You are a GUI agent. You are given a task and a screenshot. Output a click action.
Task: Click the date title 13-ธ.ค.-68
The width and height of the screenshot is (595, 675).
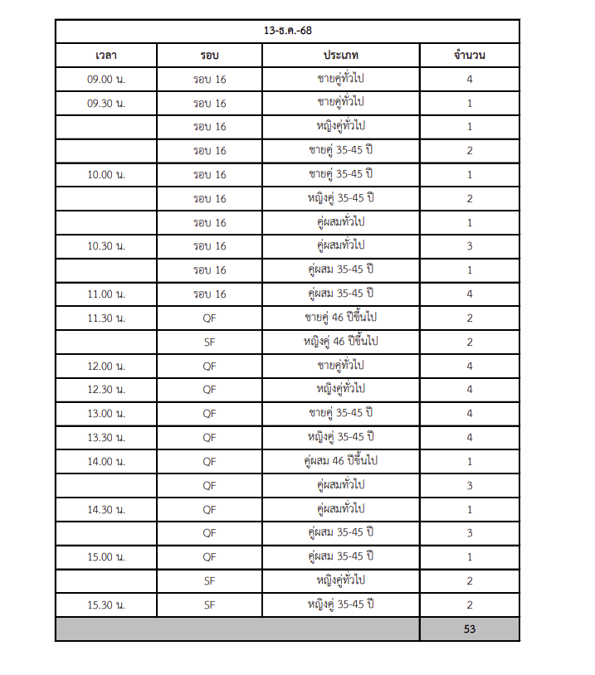(x=287, y=31)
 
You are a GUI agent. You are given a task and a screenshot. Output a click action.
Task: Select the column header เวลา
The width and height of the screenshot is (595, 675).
(x=105, y=56)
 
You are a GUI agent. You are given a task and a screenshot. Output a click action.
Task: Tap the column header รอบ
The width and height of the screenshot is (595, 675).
(x=209, y=56)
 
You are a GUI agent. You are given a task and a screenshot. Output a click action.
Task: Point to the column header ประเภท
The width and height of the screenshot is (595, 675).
(x=341, y=56)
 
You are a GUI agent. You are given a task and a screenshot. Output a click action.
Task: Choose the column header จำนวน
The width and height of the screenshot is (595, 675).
(x=469, y=56)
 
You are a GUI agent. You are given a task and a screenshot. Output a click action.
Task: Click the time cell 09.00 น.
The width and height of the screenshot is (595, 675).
(x=105, y=80)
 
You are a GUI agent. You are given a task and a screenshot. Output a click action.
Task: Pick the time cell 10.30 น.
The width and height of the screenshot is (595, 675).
(x=105, y=246)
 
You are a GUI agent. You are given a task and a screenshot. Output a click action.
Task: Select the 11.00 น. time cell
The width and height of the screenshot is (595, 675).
(x=105, y=294)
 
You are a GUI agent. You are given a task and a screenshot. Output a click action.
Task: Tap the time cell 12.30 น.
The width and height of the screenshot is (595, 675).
(x=105, y=390)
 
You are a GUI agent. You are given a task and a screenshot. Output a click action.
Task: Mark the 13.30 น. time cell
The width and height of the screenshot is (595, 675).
(x=105, y=437)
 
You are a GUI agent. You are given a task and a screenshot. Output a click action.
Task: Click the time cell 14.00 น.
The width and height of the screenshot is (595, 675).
(x=105, y=461)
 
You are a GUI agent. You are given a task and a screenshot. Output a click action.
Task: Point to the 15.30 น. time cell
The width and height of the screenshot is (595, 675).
(x=105, y=605)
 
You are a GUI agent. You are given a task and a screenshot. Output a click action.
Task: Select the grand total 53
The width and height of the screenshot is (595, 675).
(x=469, y=629)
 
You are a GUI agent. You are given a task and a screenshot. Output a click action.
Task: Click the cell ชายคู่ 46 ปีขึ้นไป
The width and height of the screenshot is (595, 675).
(x=341, y=318)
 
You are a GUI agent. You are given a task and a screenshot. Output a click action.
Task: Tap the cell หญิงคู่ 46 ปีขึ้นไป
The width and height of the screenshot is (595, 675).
(x=341, y=342)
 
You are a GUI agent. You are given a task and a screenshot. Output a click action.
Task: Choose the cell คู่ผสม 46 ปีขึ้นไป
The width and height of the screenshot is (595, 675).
(x=341, y=461)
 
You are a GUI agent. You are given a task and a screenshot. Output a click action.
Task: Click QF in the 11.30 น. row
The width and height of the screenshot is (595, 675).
(x=209, y=318)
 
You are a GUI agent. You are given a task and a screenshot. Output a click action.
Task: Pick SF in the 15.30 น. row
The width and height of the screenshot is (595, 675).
(x=209, y=605)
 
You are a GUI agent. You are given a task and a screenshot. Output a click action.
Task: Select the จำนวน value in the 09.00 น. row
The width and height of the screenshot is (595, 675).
(x=469, y=80)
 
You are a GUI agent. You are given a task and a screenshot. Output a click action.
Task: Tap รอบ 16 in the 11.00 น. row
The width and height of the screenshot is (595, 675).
(x=209, y=294)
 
